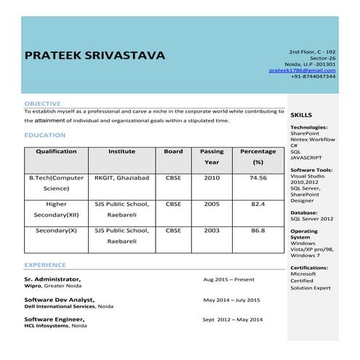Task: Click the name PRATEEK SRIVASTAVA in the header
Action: [x=95, y=55]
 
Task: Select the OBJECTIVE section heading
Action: [x=42, y=104]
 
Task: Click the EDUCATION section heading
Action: [x=44, y=135]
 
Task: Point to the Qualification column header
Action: [x=56, y=151]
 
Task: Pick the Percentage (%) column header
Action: [x=257, y=156]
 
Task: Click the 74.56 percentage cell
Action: [x=257, y=177]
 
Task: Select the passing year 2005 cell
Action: [x=211, y=204]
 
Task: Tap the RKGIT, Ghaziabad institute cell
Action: [x=121, y=177]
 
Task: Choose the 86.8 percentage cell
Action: [x=257, y=230]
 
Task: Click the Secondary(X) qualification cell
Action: [x=56, y=230]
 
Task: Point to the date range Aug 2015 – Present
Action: [x=228, y=279]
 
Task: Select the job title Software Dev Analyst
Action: [x=59, y=300]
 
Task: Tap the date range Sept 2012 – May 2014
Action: [x=233, y=319]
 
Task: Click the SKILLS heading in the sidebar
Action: [x=301, y=116]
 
